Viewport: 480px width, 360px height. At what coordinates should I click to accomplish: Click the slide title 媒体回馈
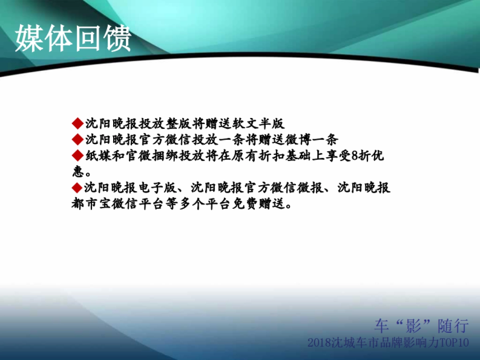point(74,39)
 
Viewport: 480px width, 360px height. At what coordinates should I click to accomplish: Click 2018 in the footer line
point(319,343)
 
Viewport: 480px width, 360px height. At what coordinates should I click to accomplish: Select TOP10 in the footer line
point(454,343)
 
